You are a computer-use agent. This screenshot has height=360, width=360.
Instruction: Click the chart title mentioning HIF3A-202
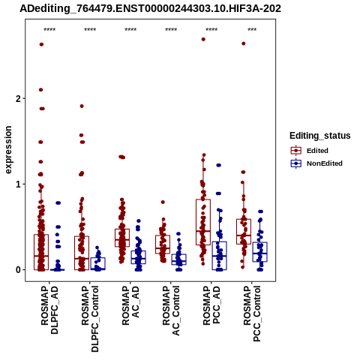150,9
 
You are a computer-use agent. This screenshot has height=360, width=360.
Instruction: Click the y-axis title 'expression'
8,150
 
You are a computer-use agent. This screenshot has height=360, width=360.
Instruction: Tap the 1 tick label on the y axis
18,184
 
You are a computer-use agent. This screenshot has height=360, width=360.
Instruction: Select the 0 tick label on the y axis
18,270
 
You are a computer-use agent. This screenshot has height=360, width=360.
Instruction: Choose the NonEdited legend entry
316,163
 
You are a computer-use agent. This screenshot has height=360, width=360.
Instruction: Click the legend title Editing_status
320,136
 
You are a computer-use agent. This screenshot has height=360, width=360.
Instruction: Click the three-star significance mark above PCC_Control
252,30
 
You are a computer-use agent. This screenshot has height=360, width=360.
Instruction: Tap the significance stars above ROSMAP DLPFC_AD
49,30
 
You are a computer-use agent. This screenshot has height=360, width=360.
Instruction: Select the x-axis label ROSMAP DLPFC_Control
90,319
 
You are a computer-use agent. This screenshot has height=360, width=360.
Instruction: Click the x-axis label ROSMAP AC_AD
130,305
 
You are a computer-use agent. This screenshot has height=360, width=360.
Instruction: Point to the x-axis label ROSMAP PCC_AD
211,305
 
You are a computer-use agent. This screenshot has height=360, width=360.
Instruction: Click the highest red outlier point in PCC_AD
203,39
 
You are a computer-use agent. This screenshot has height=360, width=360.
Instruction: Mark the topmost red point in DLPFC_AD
41,44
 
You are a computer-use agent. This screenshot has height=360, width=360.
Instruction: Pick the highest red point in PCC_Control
244,43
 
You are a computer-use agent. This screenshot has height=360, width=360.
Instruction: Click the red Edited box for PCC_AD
203,199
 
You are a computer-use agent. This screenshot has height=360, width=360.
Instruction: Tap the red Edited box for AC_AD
122,229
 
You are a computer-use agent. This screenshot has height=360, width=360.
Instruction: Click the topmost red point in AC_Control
163,202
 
